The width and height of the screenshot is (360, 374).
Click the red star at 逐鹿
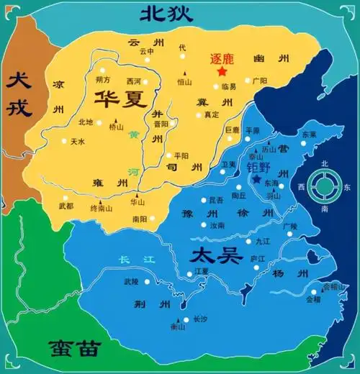tap(222, 72)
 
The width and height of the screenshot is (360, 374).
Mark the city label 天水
tap(78, 142)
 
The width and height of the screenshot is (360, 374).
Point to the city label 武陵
tap(130, 281)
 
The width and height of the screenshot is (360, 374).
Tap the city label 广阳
tap(260, 81)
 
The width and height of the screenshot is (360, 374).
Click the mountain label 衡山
tap(178, 327)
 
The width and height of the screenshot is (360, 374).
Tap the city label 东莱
tap(309, 134)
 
